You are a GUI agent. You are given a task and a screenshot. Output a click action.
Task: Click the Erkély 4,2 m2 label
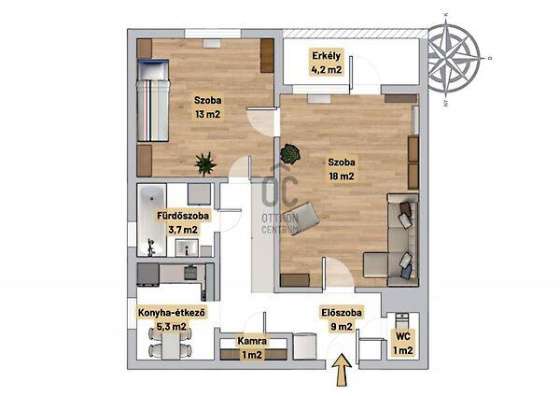click(x=327, y=63)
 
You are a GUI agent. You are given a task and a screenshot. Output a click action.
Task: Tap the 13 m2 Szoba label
click(x=207, y=106)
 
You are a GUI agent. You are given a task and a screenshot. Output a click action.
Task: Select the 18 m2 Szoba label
click(x=342, y=169)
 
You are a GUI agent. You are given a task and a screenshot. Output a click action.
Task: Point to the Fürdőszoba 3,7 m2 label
click(x=183, y=222)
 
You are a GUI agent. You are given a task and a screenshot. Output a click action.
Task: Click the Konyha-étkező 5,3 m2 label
click(x=172, y=319)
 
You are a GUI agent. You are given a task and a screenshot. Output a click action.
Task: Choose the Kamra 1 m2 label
click(x=252, y=347)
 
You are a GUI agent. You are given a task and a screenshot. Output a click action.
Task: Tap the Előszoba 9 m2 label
click(x=342, y=319)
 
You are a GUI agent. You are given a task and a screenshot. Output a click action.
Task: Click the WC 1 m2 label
click(x=403, y=343)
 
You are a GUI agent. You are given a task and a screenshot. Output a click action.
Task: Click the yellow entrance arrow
click(x=342, y=370)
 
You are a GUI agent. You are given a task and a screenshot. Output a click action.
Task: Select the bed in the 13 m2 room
click(x=153, y=101)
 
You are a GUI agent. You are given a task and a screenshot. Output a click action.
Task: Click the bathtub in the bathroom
click(x=152, y=220)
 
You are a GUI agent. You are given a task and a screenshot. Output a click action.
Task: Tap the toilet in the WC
click(x=402, y=321)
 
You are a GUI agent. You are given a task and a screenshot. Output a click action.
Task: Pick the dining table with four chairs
click(x=170, y=343)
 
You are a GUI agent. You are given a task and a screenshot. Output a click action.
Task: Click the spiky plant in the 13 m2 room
click(x=205, y=164)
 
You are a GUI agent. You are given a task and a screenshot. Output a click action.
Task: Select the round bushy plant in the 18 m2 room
click(x=290, y=154)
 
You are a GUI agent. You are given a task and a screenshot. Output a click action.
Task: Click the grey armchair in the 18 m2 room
click(x=303, y=218)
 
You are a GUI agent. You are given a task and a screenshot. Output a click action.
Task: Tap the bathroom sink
click(x=187, y=247)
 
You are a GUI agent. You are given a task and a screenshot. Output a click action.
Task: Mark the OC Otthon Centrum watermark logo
click(x=280, y=201)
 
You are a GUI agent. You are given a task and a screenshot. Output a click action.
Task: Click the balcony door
click(x=352, y=75)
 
